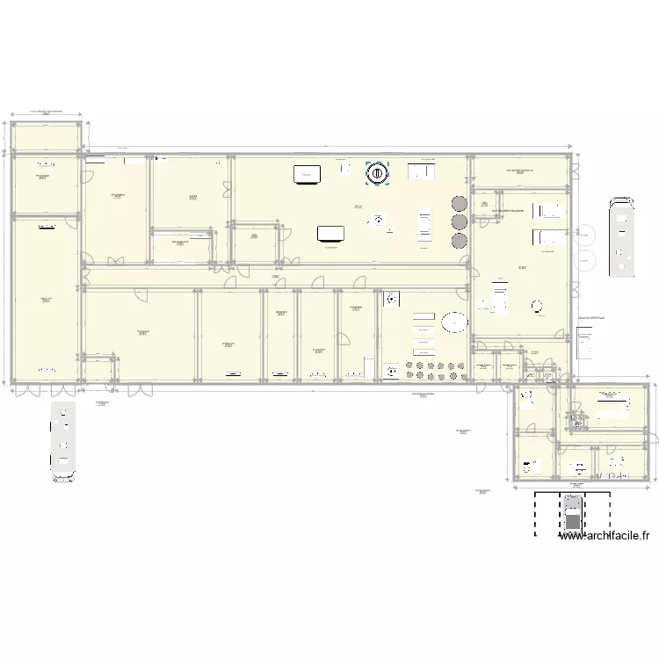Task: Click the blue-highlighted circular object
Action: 377,173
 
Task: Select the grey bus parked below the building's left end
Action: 63,443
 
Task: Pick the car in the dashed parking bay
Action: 573,515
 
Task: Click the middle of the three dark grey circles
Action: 459,221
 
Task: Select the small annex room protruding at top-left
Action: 47,136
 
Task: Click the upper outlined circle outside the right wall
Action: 583,235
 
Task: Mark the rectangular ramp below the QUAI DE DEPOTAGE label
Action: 584,342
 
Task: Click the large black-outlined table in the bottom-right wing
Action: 611,407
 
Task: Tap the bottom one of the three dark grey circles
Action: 459,241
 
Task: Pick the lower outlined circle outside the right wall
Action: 583,259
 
